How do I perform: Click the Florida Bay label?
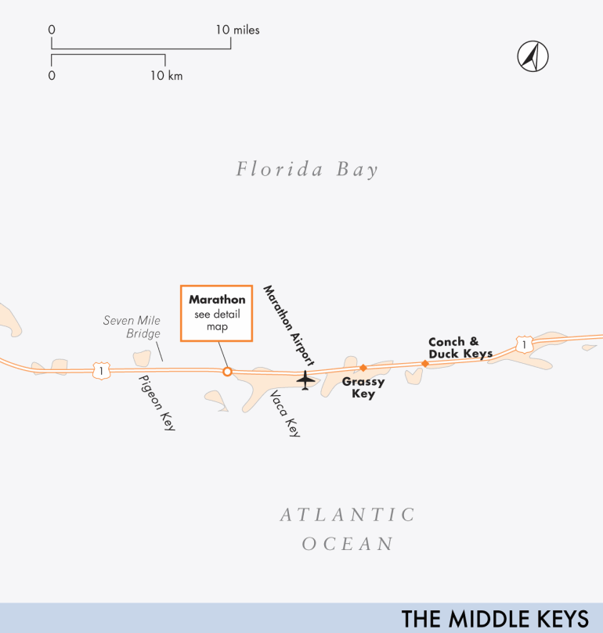pyautogui.click(x=307, y=169)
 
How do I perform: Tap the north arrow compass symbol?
pyautogui.click(x=533, y=56)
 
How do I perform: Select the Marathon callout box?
pyautogui.click(x=217, y=313)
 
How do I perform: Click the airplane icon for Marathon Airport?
pyautogui.click(x=305, y=380)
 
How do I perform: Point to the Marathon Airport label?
pyautogui.click(x=288, y=325)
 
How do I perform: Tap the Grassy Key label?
pyautogui.click(x=363, y=388)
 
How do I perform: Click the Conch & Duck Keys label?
pyautogui.click(x=460, y=347)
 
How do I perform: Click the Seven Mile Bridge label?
pyautogui.click(x=132, y=327)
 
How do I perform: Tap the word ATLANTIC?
pyautogui.click(x=348, y=515)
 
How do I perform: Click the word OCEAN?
pyautogui.click(x=348, y=544)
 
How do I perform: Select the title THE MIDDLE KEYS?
pyautogui.click(x=495, y=618)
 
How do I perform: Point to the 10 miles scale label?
pyautogui.click(x=237, y=30)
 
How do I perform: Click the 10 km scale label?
pyautogui.click(x=167, y=75)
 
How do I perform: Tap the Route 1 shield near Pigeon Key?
pyautogui.click(x=99, y=369)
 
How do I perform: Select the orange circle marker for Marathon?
pyautogui.click(x=227, y=372)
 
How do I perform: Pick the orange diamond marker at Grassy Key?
pyautogui.click(x=363, y=367)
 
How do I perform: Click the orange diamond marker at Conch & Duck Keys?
pyautogui.click(x=425, y=363)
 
